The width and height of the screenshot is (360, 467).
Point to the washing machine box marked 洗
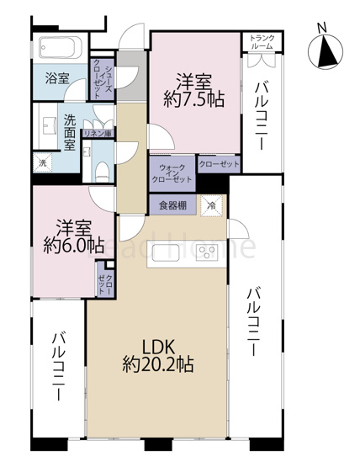[41, 162]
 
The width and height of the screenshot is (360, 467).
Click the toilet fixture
[100, 169]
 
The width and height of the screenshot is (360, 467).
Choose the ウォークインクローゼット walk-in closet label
[172, 173]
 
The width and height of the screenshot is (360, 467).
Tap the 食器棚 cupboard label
[172, 204]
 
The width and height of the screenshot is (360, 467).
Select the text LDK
[157, 346]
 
